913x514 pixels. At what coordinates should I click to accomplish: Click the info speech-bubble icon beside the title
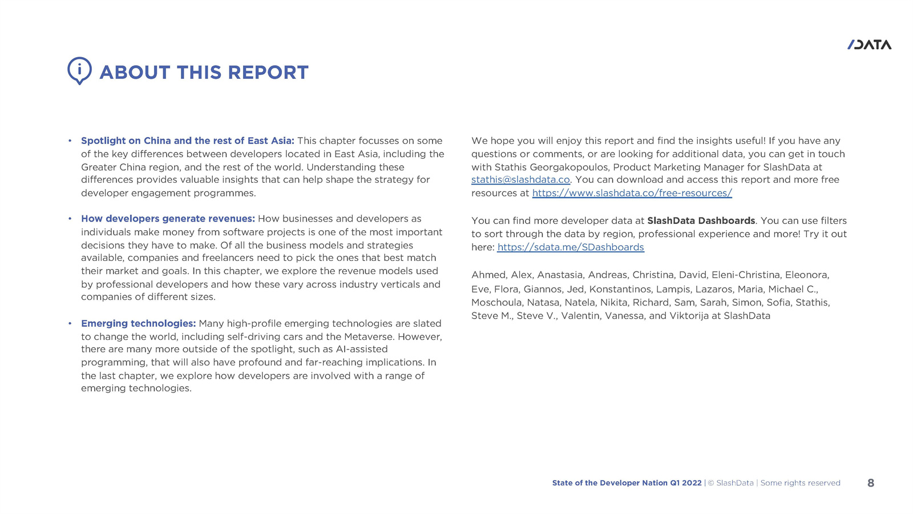coord(79,70)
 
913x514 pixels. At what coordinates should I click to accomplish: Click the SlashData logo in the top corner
coord(869,45)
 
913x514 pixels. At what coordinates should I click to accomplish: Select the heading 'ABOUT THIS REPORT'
coord(204,73)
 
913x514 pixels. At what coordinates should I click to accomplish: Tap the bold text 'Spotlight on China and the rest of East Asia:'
coord(187,140)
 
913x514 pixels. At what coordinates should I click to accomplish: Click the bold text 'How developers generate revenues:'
coord(168,219)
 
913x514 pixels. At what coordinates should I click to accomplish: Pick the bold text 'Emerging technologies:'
coord(138,323)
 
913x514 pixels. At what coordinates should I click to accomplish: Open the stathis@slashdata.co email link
coord(520,180)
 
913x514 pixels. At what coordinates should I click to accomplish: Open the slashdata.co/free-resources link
coord(632,193)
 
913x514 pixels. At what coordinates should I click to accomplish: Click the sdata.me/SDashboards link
coord(571,247)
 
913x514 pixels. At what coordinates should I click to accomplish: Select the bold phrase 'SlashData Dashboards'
coord(701,220)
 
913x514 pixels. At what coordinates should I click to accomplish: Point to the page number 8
coord(870,483)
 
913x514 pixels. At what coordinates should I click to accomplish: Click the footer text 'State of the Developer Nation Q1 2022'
coord(627,483)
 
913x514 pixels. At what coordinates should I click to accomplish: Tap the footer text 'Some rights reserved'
coord(800,483)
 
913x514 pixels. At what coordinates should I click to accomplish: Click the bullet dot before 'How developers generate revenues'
coord(70,219)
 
